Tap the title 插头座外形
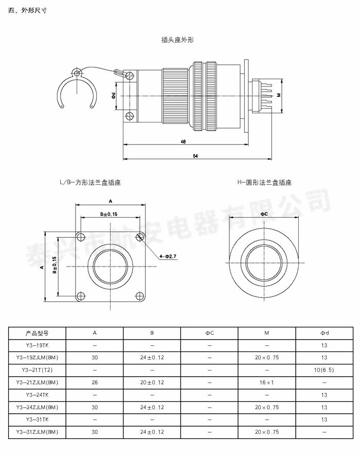click(177, 40)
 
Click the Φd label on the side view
click(113, 96)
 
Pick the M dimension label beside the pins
click(279, 95)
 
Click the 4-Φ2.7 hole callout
click(168, 256)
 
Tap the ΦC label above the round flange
click(264, 213)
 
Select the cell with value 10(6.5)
click(324, 370)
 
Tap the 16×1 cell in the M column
click(266, 382)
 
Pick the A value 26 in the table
click(95, 382)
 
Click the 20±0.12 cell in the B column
click(152, 382)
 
